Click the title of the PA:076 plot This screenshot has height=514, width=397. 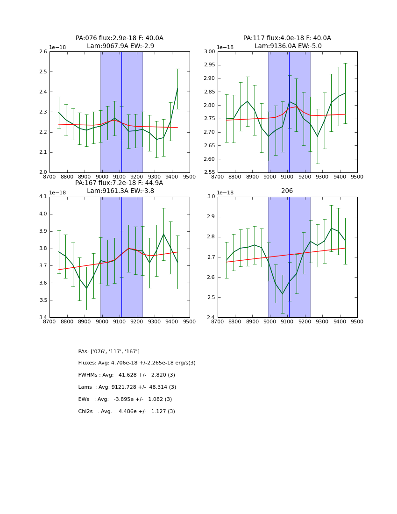120,42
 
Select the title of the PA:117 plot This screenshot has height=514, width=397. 287,42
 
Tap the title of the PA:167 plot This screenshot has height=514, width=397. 120,187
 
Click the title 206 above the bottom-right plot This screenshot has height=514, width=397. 287,191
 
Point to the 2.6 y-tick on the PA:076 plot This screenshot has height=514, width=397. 43,52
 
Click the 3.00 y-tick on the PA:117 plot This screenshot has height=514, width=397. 209,52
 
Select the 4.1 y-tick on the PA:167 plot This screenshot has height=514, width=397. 43,197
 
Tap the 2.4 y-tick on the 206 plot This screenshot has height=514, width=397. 211,318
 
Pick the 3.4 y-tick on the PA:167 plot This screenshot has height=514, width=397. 43,318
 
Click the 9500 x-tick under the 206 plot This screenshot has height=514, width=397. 357,322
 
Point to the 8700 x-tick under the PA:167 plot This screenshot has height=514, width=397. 50,322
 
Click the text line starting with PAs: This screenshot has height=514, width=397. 109,351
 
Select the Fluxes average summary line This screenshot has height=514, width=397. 137,363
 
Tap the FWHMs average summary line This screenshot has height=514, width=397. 127,375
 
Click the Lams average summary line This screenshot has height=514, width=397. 127,387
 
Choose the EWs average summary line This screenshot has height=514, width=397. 125,400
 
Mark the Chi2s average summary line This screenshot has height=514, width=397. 127,412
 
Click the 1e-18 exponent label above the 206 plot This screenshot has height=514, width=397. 225,193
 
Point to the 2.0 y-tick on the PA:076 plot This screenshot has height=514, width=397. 43,172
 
